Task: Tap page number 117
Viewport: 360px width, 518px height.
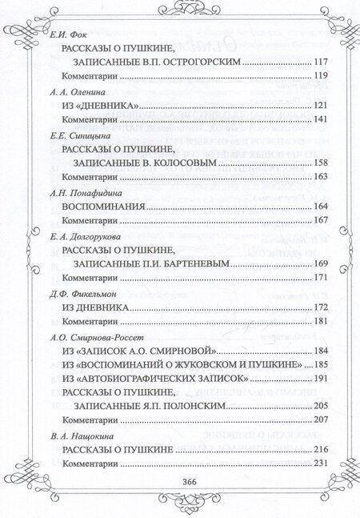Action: click(323, 61)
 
